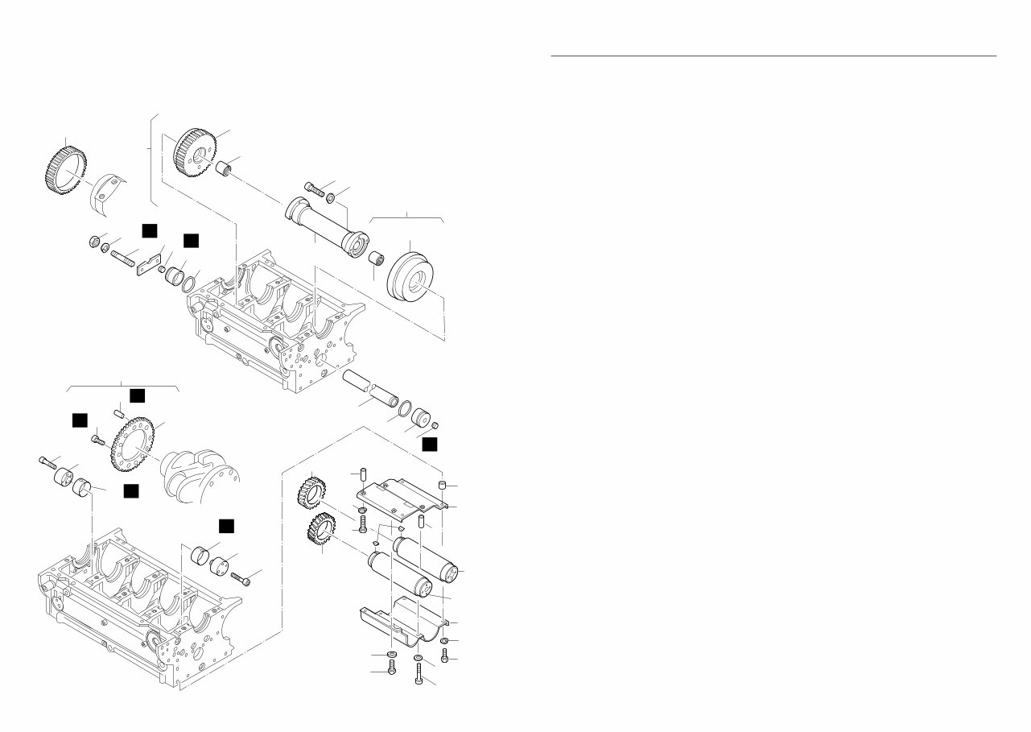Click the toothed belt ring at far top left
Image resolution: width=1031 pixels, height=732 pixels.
[x=63, y=167]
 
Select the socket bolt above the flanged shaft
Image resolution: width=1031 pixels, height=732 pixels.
[x=314, y=188]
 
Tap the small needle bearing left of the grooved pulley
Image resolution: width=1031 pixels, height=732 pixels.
[x=375, y=261]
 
